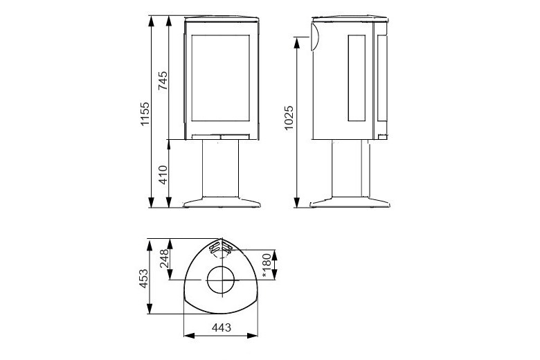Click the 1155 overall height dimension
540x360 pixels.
144,112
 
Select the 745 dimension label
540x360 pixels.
163,81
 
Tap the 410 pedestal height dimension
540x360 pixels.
163,174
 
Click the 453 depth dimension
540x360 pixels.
143,280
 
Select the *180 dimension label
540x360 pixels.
267,264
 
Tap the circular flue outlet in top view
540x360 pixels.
222,282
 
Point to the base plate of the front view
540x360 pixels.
222,203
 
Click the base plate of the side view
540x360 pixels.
351,203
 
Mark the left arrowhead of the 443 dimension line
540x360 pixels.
186,337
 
